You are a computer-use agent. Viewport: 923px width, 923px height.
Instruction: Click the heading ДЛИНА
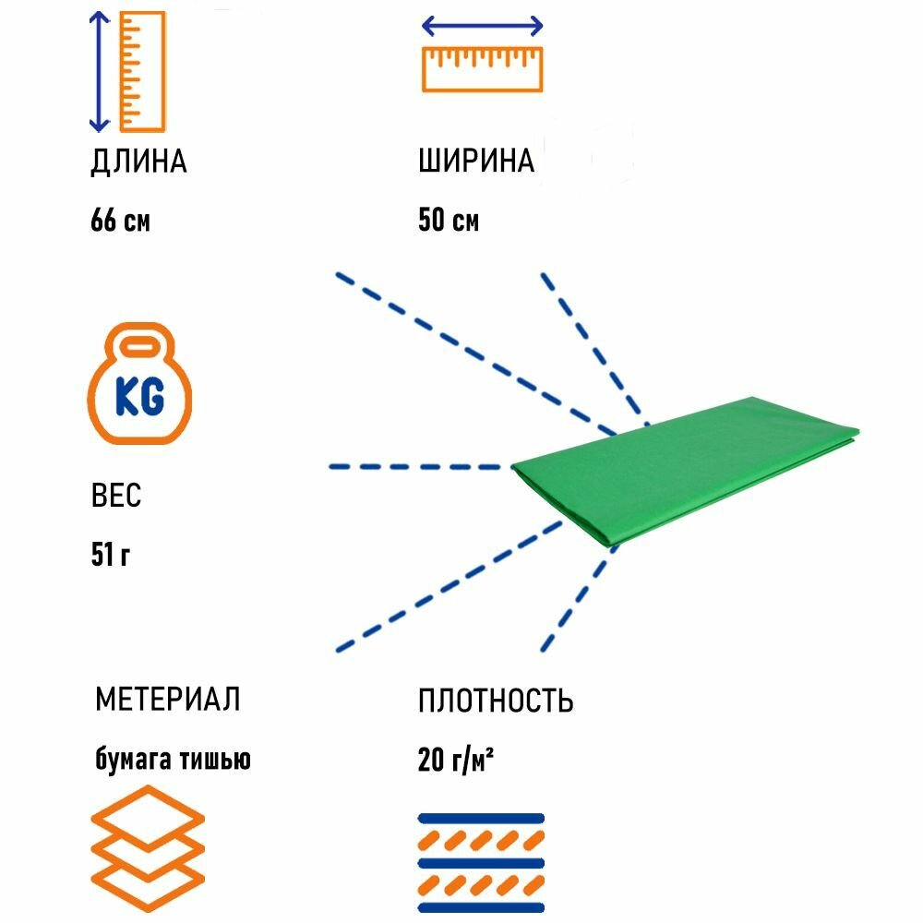point(138,162)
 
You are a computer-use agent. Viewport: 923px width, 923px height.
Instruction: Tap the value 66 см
point(120,222)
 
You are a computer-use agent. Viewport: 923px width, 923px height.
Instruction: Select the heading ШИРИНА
point(476,162)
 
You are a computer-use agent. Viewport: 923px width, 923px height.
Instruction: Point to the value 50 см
point(449,222)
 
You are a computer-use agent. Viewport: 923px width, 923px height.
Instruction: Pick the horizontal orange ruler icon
point(482,70)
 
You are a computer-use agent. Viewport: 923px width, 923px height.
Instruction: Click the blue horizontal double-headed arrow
point(482,28)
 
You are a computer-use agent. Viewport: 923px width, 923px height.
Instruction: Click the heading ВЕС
point(115,497)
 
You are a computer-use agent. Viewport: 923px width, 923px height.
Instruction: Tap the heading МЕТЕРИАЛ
point(167,700)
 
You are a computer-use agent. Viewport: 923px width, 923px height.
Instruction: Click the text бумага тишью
point(173,760)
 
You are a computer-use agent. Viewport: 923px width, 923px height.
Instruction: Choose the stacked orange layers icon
point(148,848)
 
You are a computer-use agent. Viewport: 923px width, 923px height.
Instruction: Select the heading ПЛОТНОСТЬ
point(495,701)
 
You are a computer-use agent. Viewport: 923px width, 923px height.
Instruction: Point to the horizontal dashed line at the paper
point(420,467)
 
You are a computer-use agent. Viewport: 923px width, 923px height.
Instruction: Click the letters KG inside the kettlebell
point(139,397)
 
